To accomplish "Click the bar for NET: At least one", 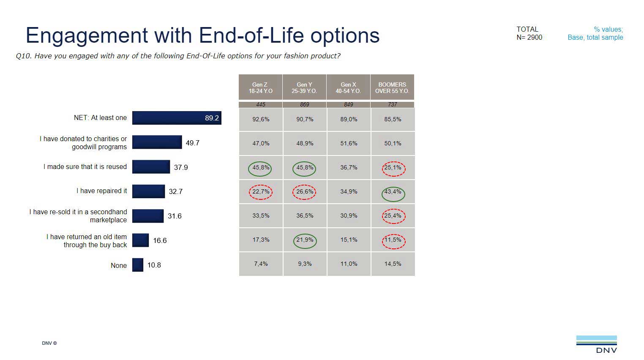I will pos(177,118).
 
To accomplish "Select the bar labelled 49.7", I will pos(157,142).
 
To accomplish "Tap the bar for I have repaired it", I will pos(148,191).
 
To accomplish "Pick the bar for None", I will pos(138,265).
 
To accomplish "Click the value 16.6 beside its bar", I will pos(160,240).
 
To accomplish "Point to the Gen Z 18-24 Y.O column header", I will pos(260,87).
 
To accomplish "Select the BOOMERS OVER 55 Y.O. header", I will pos(392,87).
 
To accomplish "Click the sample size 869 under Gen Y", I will pos(304,104).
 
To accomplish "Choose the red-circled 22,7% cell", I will pos(261,192).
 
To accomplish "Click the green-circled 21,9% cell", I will pos(305,240).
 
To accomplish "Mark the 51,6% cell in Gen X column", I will pos(349,143).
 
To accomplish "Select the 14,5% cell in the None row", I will pos(393,264).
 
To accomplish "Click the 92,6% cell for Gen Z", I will pos(261,119).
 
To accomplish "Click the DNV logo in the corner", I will pos(596,344).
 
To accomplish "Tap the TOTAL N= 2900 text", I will pos(529,33).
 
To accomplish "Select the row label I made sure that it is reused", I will pos(85,167).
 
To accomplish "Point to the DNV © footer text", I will pos(49,343).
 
